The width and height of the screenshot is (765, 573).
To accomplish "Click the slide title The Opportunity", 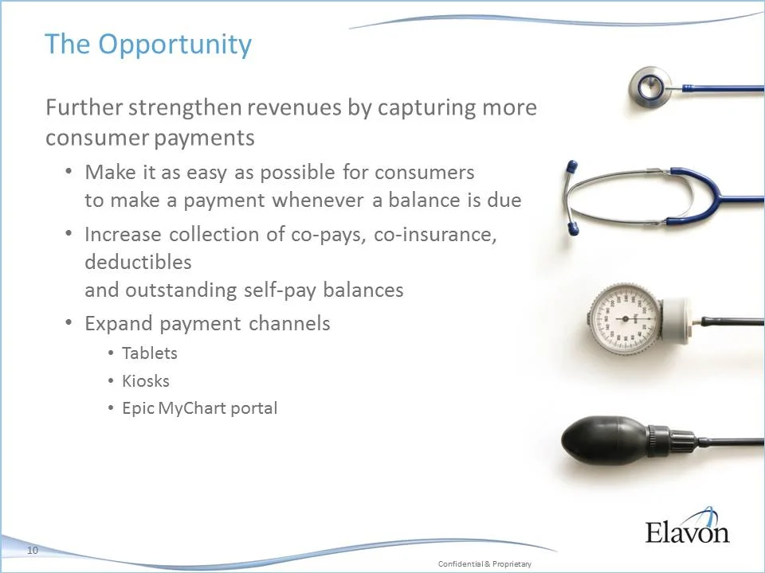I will (x=147, y=45).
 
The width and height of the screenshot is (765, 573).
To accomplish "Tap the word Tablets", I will (x=149, y=353).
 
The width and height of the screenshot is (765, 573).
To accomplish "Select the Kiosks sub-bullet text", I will (x=145, y=380).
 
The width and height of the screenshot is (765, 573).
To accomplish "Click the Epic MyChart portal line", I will (x=199, y=408).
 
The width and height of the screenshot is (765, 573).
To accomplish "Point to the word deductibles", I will (x=138, y=262).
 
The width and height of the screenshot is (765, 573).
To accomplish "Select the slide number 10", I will (x=33, y=551).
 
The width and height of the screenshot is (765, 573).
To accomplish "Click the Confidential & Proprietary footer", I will (x=484, y=563).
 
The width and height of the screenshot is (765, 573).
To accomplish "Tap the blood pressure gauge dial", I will (x=624, y=320).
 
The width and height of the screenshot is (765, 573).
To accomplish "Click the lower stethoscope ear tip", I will (x=571, y=230).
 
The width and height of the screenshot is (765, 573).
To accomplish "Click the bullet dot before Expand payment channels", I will (x=69, y=323).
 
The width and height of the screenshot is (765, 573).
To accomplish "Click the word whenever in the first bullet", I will (x=318, y=201).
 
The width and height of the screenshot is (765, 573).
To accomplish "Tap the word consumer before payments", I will (x=93, y=138).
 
